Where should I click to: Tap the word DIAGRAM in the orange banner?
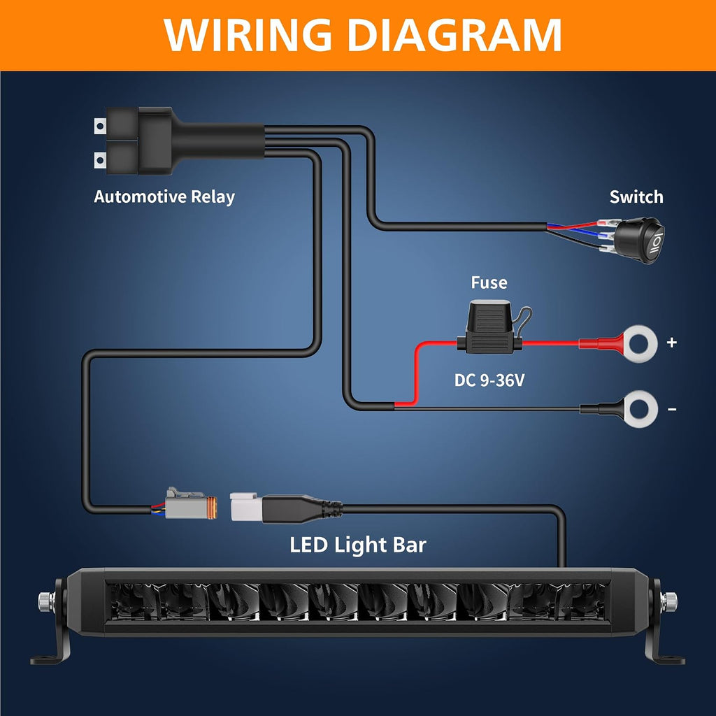point(454,35)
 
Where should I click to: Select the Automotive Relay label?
point(164,196)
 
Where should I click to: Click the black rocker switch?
point(638,241)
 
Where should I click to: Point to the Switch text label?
point(636,196)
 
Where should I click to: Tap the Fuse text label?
point(489,282)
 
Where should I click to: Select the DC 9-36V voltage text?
point(489,380)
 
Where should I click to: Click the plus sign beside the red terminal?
point(671,343)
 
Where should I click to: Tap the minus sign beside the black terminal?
point(672,409)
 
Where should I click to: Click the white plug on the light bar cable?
point(246,506)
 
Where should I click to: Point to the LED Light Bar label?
point(358,545)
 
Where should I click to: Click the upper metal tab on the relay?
point(100,126)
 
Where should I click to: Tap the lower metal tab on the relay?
point(100,160)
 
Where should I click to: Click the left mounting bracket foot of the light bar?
point(51,657)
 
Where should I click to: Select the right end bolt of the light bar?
point(669,601)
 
